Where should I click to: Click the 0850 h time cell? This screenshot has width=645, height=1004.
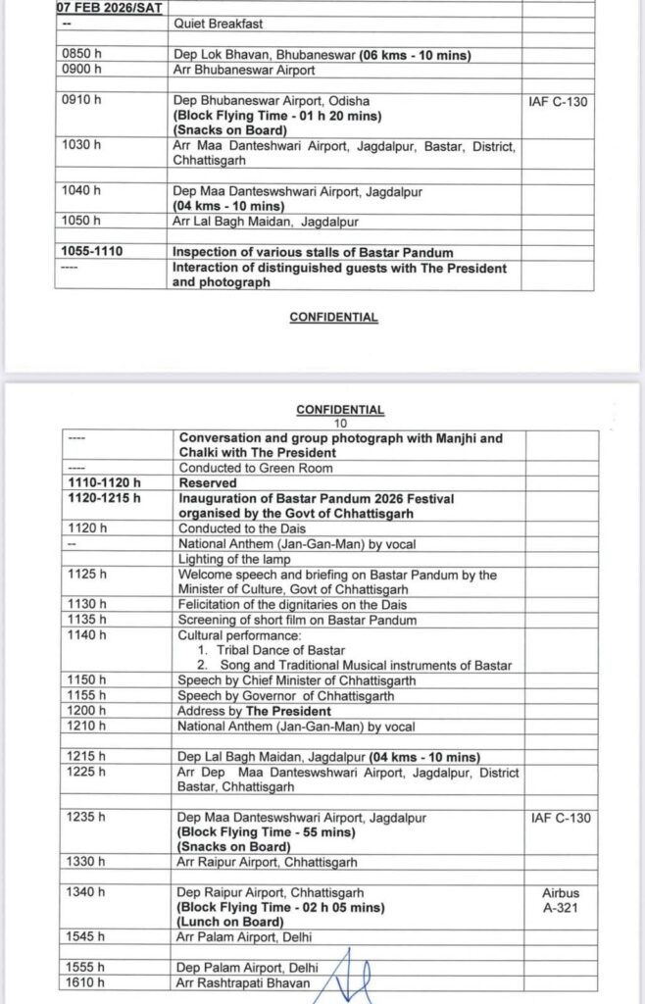(x=74, y=56)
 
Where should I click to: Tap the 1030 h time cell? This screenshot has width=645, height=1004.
(x=75, y=145)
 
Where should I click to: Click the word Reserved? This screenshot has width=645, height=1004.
(x=207, y=483)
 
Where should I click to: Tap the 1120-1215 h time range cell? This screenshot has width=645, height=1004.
(x=106, y=498)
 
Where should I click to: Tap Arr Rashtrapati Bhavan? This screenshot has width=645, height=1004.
(x=244, y=982)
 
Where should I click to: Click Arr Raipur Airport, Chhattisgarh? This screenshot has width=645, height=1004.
(x=267, y=862)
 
